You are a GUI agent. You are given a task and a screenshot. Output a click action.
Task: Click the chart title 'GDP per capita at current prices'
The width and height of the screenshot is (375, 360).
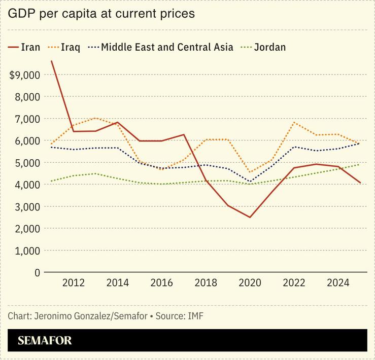coord(101,14)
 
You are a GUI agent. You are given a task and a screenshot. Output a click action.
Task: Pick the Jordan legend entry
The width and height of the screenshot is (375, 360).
coord(269,48)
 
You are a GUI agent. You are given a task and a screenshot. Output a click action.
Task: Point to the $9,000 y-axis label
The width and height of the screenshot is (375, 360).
coord(25,75)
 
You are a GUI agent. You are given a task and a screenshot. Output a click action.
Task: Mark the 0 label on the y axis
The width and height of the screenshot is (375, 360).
coord(37,272)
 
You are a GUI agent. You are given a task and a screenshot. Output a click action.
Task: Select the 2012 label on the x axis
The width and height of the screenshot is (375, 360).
coord(73,283)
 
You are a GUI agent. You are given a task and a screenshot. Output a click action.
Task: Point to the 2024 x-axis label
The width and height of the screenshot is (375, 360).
coord(337,283)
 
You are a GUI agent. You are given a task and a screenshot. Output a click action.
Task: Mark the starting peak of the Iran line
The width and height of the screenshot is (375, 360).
coord(51,61)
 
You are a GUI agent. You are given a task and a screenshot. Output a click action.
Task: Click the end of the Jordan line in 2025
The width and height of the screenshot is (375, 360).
coord(359,164)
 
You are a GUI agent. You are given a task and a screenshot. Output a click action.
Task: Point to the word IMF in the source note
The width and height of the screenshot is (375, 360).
coord(196,316)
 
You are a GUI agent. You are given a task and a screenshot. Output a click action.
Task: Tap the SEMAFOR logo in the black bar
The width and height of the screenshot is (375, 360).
coord(45,341)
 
